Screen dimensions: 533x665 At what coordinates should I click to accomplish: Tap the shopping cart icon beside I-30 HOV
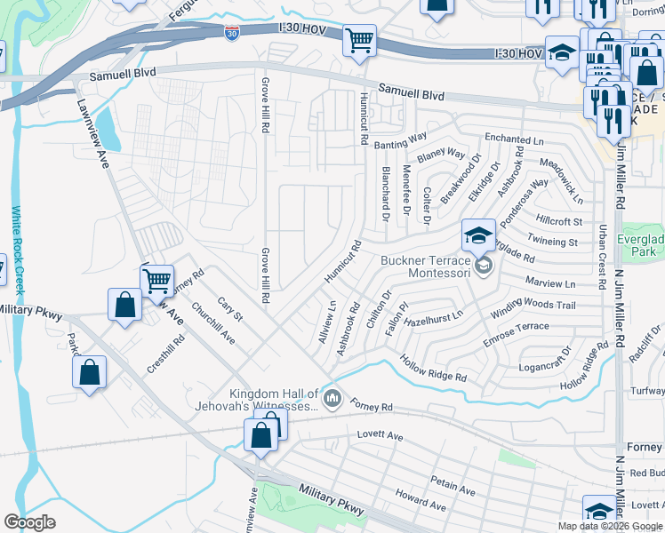click(x=359, y=40)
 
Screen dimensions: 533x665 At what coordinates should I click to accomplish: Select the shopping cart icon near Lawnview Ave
click(x=156, y=280)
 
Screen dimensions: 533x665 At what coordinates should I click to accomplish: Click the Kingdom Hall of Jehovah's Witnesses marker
click(x=332, y=397)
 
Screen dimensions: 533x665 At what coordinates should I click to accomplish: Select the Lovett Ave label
click(x=380, y=436)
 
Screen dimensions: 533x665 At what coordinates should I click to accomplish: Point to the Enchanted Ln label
click(x=513, y=140)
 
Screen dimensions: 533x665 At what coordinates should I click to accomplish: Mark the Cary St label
click(x=229, y=310)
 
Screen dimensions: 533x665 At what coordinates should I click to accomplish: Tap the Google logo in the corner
click(x=30, y=522)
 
